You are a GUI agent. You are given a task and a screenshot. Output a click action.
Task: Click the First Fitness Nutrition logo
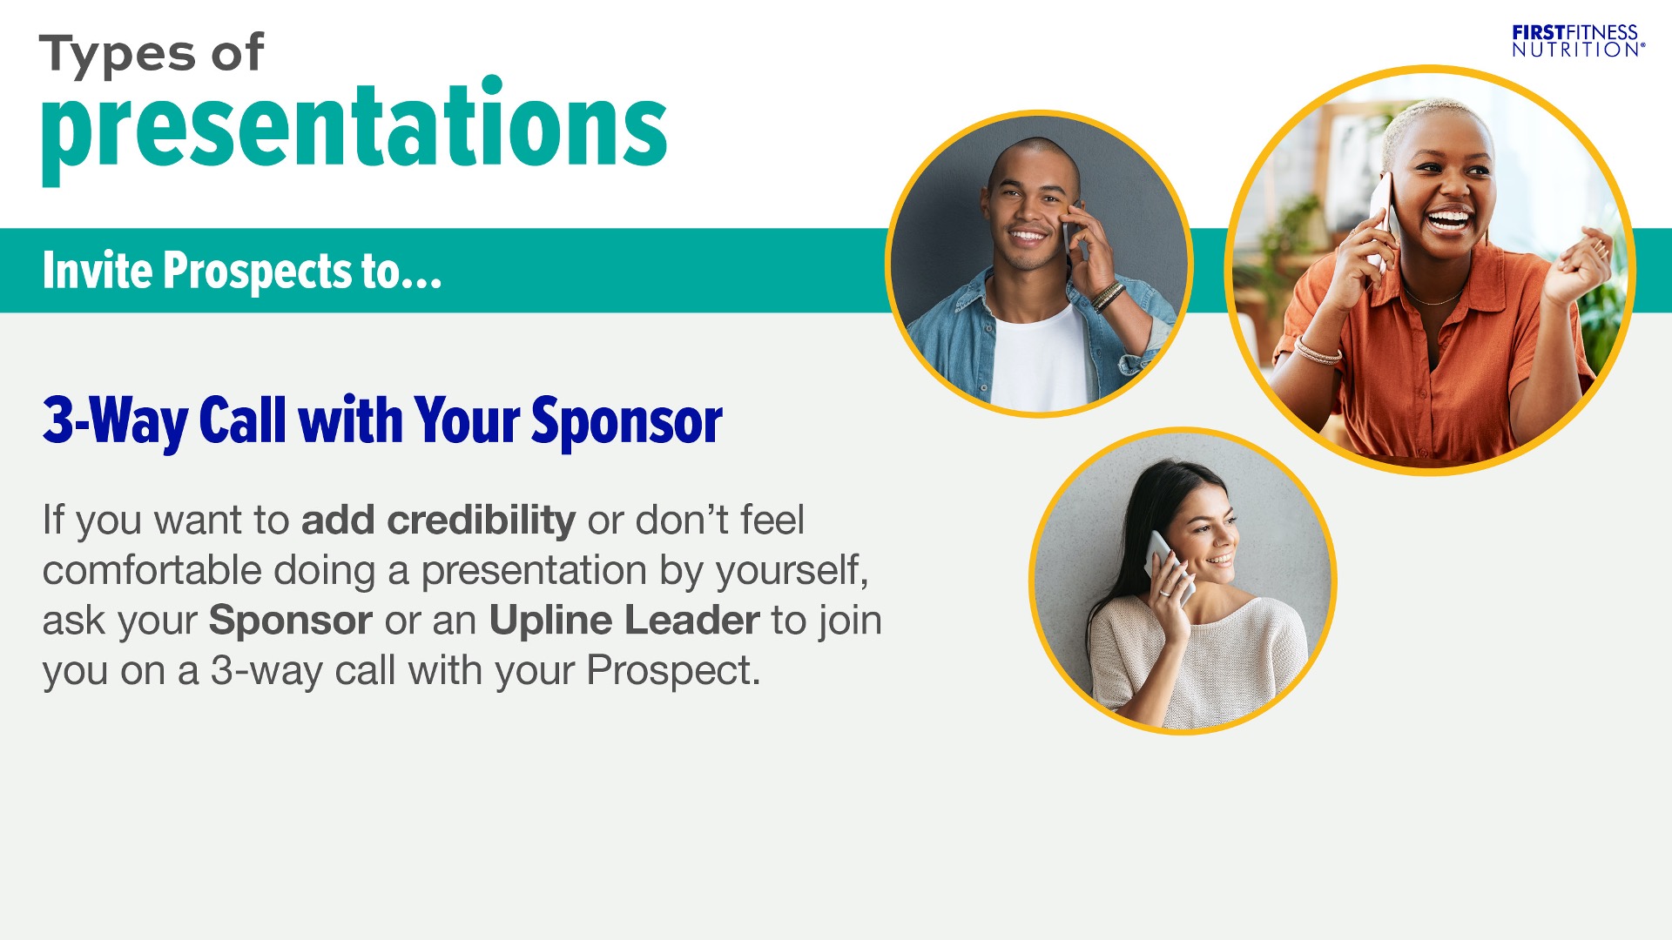1578,41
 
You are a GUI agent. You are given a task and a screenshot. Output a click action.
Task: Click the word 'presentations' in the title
354,131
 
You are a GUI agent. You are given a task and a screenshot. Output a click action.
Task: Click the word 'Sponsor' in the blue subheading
627,423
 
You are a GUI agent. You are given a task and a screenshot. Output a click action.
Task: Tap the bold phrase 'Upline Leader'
624,621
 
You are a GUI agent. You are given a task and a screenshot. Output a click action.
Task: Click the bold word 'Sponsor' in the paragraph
291,621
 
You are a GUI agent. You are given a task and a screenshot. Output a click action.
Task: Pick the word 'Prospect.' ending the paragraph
673,671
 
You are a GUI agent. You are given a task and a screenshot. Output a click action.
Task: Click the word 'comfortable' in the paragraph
152,571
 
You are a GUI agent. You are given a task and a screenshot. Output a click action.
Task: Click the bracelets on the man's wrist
1107,296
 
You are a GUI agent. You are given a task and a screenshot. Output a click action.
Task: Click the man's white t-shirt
1041,361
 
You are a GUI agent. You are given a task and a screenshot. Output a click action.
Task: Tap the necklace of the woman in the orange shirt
1433,298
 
